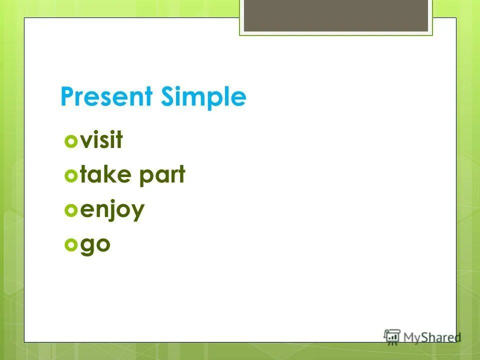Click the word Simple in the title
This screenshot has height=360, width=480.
point(203,97)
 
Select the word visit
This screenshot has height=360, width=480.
point(101,140)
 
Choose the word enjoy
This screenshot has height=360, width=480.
point(112,210)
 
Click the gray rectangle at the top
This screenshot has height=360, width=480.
point(336,15)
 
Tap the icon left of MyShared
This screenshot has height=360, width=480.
point(392,336)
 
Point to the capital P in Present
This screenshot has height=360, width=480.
point(67,97)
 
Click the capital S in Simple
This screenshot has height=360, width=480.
point(168,97)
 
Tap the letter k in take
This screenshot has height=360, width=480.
point(110,175)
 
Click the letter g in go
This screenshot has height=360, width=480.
point(87,247)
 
